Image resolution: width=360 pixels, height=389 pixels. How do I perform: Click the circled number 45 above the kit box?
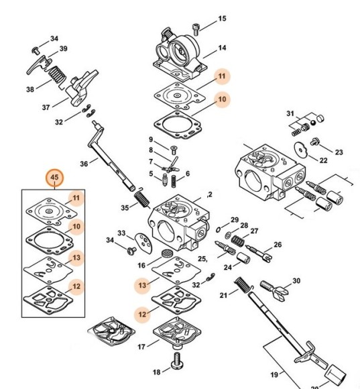[54, 177]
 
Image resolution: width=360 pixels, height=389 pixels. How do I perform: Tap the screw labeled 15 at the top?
[196, 29]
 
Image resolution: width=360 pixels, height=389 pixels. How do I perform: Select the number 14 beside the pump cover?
[222, 48]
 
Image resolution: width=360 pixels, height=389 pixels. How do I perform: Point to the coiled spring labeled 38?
[56, 74]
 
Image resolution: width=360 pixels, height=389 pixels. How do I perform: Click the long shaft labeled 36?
[111, 157]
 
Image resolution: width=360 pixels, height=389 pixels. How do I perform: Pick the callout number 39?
[64, 48]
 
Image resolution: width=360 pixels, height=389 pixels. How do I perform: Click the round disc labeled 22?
[301, 150]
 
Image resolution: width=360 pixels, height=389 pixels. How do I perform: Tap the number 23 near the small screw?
[339, 152]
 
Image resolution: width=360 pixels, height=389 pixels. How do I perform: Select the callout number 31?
[290, 113]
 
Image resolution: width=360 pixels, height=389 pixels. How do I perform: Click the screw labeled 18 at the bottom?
[177, 362]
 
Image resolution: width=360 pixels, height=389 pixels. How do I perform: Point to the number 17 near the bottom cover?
[141, 347]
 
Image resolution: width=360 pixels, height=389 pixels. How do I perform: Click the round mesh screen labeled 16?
[166, 254]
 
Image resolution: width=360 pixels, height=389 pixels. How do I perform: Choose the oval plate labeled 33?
[144, 243]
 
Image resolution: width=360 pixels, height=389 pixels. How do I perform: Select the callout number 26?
[278, 245]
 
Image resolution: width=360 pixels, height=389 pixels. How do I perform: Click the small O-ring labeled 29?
[218, 229]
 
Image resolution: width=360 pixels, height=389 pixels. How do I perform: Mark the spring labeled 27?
[238, 241]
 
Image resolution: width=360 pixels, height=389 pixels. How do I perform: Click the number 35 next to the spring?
[125, 207]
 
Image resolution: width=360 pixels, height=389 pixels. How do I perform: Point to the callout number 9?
[151, 140]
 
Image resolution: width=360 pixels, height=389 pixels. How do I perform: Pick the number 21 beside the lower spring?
[223, 295]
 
